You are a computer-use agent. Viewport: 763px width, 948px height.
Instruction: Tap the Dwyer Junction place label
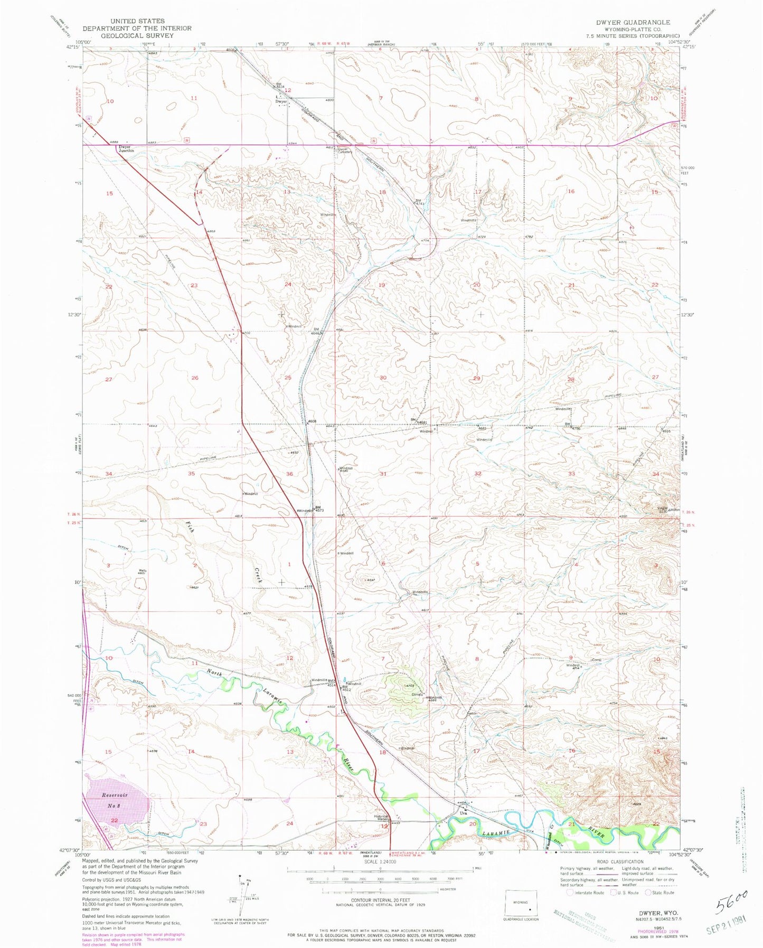126,149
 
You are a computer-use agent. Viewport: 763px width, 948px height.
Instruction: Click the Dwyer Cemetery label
344,151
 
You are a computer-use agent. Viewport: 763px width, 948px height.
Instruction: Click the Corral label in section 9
597,660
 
